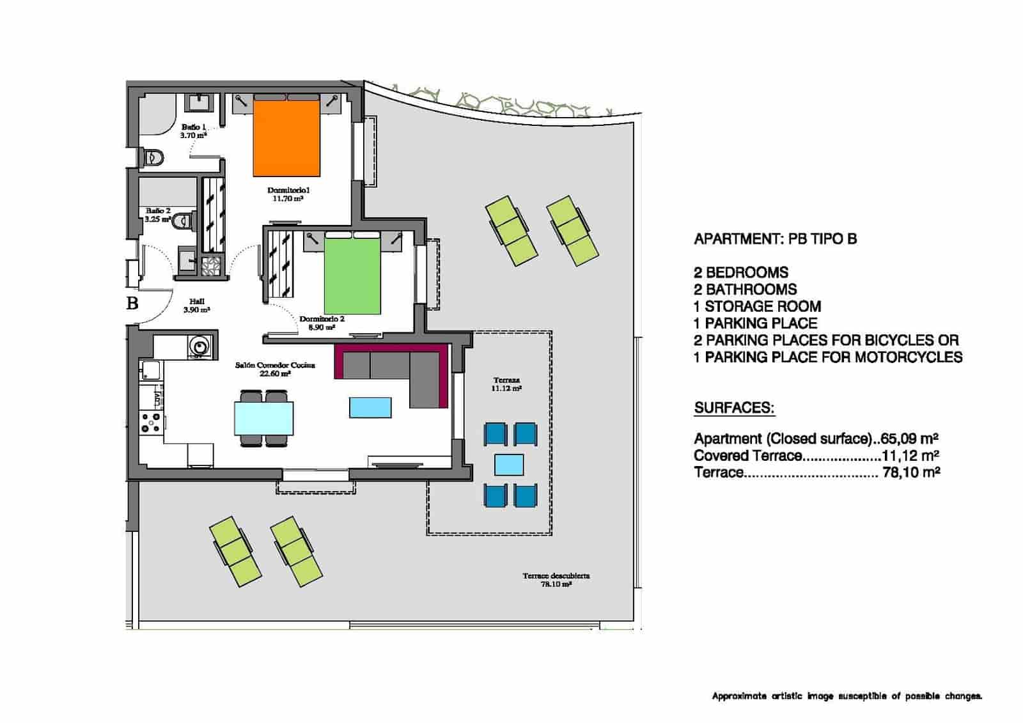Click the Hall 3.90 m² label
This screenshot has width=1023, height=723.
click(196, 306)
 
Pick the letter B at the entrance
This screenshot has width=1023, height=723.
click(132, 303)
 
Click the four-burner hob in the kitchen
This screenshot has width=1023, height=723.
click(151, 423)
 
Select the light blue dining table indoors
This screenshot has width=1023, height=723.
click(264, 418)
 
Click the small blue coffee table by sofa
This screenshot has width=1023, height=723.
click(370, 407)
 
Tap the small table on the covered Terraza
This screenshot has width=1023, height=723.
click(510, 465)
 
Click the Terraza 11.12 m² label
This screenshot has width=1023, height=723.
click(506, 384)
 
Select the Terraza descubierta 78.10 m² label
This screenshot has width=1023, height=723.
click(556, 580)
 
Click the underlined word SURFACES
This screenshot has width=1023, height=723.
click(734, 408)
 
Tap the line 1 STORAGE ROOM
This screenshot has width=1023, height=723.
click(757, 306)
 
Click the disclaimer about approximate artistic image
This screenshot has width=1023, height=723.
click(847, 696)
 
